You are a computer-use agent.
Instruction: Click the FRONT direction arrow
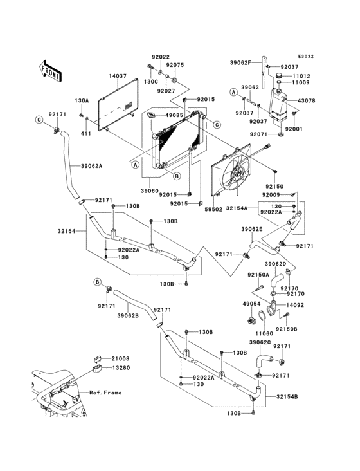click(50, 71)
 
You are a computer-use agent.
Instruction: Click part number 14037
click(118, 77)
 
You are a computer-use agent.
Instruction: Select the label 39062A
click(91, 166)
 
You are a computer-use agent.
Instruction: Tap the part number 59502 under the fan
click(213, 209)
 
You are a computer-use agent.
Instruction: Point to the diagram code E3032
click(306, 57)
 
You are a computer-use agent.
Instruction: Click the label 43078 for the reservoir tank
click(306, 101)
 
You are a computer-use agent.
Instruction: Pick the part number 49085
click(174, 115)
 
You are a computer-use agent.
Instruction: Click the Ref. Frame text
click(105, 392)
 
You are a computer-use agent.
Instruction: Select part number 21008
click(121, 358)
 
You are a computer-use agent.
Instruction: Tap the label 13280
click(121, 368)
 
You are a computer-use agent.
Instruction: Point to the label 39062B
click(128, 316)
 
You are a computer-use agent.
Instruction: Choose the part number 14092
click(295, 305)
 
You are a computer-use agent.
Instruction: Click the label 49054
click(251, 304)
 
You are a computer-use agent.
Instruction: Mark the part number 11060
click(264, 333)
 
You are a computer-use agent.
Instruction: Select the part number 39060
click(150, 190)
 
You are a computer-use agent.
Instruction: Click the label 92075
click(175, 65)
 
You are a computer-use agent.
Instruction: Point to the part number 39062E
click(252, 229)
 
